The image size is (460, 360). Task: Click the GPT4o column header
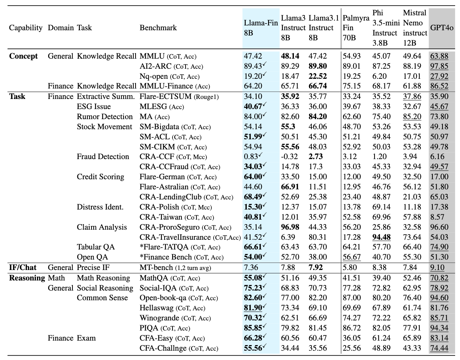tap(442, 28)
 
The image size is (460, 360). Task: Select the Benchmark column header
tap(158, 28)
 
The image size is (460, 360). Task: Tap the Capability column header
tap(26, 28)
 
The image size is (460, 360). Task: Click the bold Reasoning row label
tap(27, 278)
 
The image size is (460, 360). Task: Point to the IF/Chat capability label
tap(23, 267)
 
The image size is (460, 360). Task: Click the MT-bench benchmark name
tap(156, 267)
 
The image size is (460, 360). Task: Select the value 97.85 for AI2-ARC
tap(439, 66)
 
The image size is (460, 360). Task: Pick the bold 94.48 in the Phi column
tap(381, 237)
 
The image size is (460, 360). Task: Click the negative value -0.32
tap(289, 156)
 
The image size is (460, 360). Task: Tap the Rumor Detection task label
tap(105, 117)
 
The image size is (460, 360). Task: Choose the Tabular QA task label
tap(96, 247)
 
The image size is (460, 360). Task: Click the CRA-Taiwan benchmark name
tap(161, 217)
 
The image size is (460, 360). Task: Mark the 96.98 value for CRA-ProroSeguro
tap(290, 227)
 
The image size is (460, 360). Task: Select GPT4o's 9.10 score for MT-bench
tap(437, 267)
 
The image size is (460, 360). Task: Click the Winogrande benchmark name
tap(159, 318)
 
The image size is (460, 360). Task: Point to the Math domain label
tap(56, 278)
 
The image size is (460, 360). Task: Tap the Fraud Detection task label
tap(103, 156)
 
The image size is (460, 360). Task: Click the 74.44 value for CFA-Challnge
tap(439, 348)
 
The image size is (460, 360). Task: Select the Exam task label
tap(86, 338)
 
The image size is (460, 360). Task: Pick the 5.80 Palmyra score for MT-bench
tap(350, 267)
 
